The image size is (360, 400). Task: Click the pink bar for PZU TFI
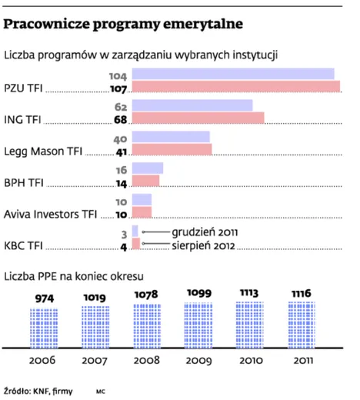click(236, 86)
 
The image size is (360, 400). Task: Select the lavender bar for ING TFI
click(192, 105)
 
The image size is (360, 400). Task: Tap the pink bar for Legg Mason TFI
click(172, 149)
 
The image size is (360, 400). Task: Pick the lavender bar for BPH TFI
click(148, 168)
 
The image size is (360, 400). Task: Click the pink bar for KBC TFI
click(136, 244)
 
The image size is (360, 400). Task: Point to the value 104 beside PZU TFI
click(118, 76)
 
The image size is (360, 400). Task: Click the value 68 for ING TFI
click(121, 119)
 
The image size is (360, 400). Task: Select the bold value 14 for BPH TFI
click(122, 183)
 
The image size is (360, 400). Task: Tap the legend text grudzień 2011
click(205, 232)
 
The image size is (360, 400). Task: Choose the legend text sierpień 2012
click(203, 245)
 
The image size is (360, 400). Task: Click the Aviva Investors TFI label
click(50, 214)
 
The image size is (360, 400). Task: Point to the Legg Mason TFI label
click(43, 152)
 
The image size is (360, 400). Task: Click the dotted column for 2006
click(44, 328)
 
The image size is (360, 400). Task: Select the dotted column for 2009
click(198, 325)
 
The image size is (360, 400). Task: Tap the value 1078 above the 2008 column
click(146, 295)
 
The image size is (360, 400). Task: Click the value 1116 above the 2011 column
click(302, 293)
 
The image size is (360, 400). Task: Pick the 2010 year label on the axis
click(251, 361)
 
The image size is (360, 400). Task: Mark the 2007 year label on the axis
click(95, 361)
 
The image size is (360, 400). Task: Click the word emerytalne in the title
click(203, 25)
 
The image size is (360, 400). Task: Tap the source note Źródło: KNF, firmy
click(38, 391)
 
